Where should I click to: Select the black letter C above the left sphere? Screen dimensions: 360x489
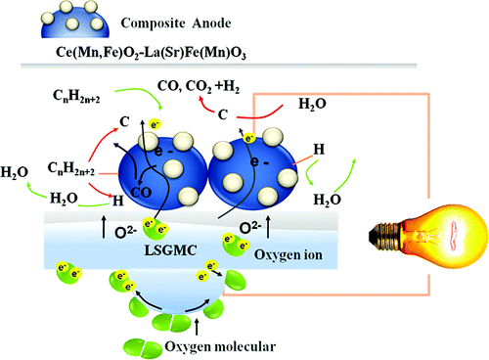click(125, 120)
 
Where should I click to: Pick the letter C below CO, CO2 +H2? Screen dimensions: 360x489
click(224, 114)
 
